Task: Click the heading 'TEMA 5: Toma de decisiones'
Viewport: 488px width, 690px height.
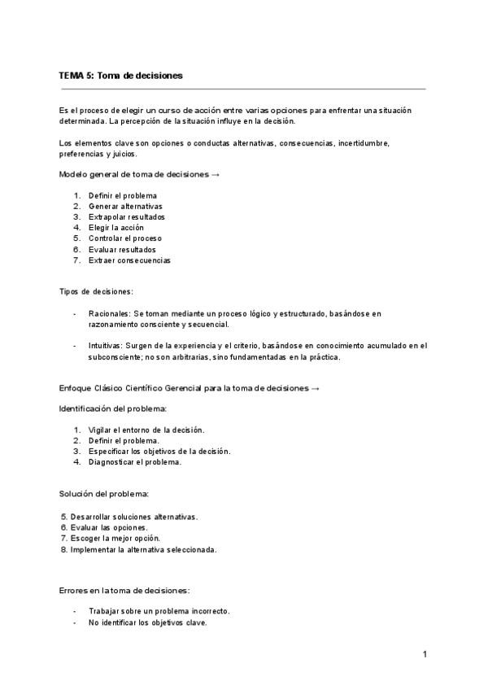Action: pos(120,75)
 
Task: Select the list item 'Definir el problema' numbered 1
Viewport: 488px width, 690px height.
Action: pos(122,195)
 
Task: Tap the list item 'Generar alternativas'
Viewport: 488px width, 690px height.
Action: pos(126,207)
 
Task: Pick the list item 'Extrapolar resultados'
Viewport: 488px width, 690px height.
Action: pos(127,217)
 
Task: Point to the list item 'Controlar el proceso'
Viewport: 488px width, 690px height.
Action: pos(125,239)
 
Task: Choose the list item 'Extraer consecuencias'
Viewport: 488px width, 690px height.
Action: pos(129,260)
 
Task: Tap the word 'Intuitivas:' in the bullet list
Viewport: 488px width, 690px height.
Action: pos(108,346)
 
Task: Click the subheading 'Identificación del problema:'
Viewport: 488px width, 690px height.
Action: pos(113,408)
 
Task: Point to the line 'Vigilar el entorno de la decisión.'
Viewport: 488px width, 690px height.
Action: pos(146,430)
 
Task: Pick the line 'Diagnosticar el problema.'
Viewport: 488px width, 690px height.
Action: pos(135,462)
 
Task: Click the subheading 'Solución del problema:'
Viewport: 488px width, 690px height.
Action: pos(103,493)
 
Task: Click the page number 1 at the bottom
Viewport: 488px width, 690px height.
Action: pos(425,654)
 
